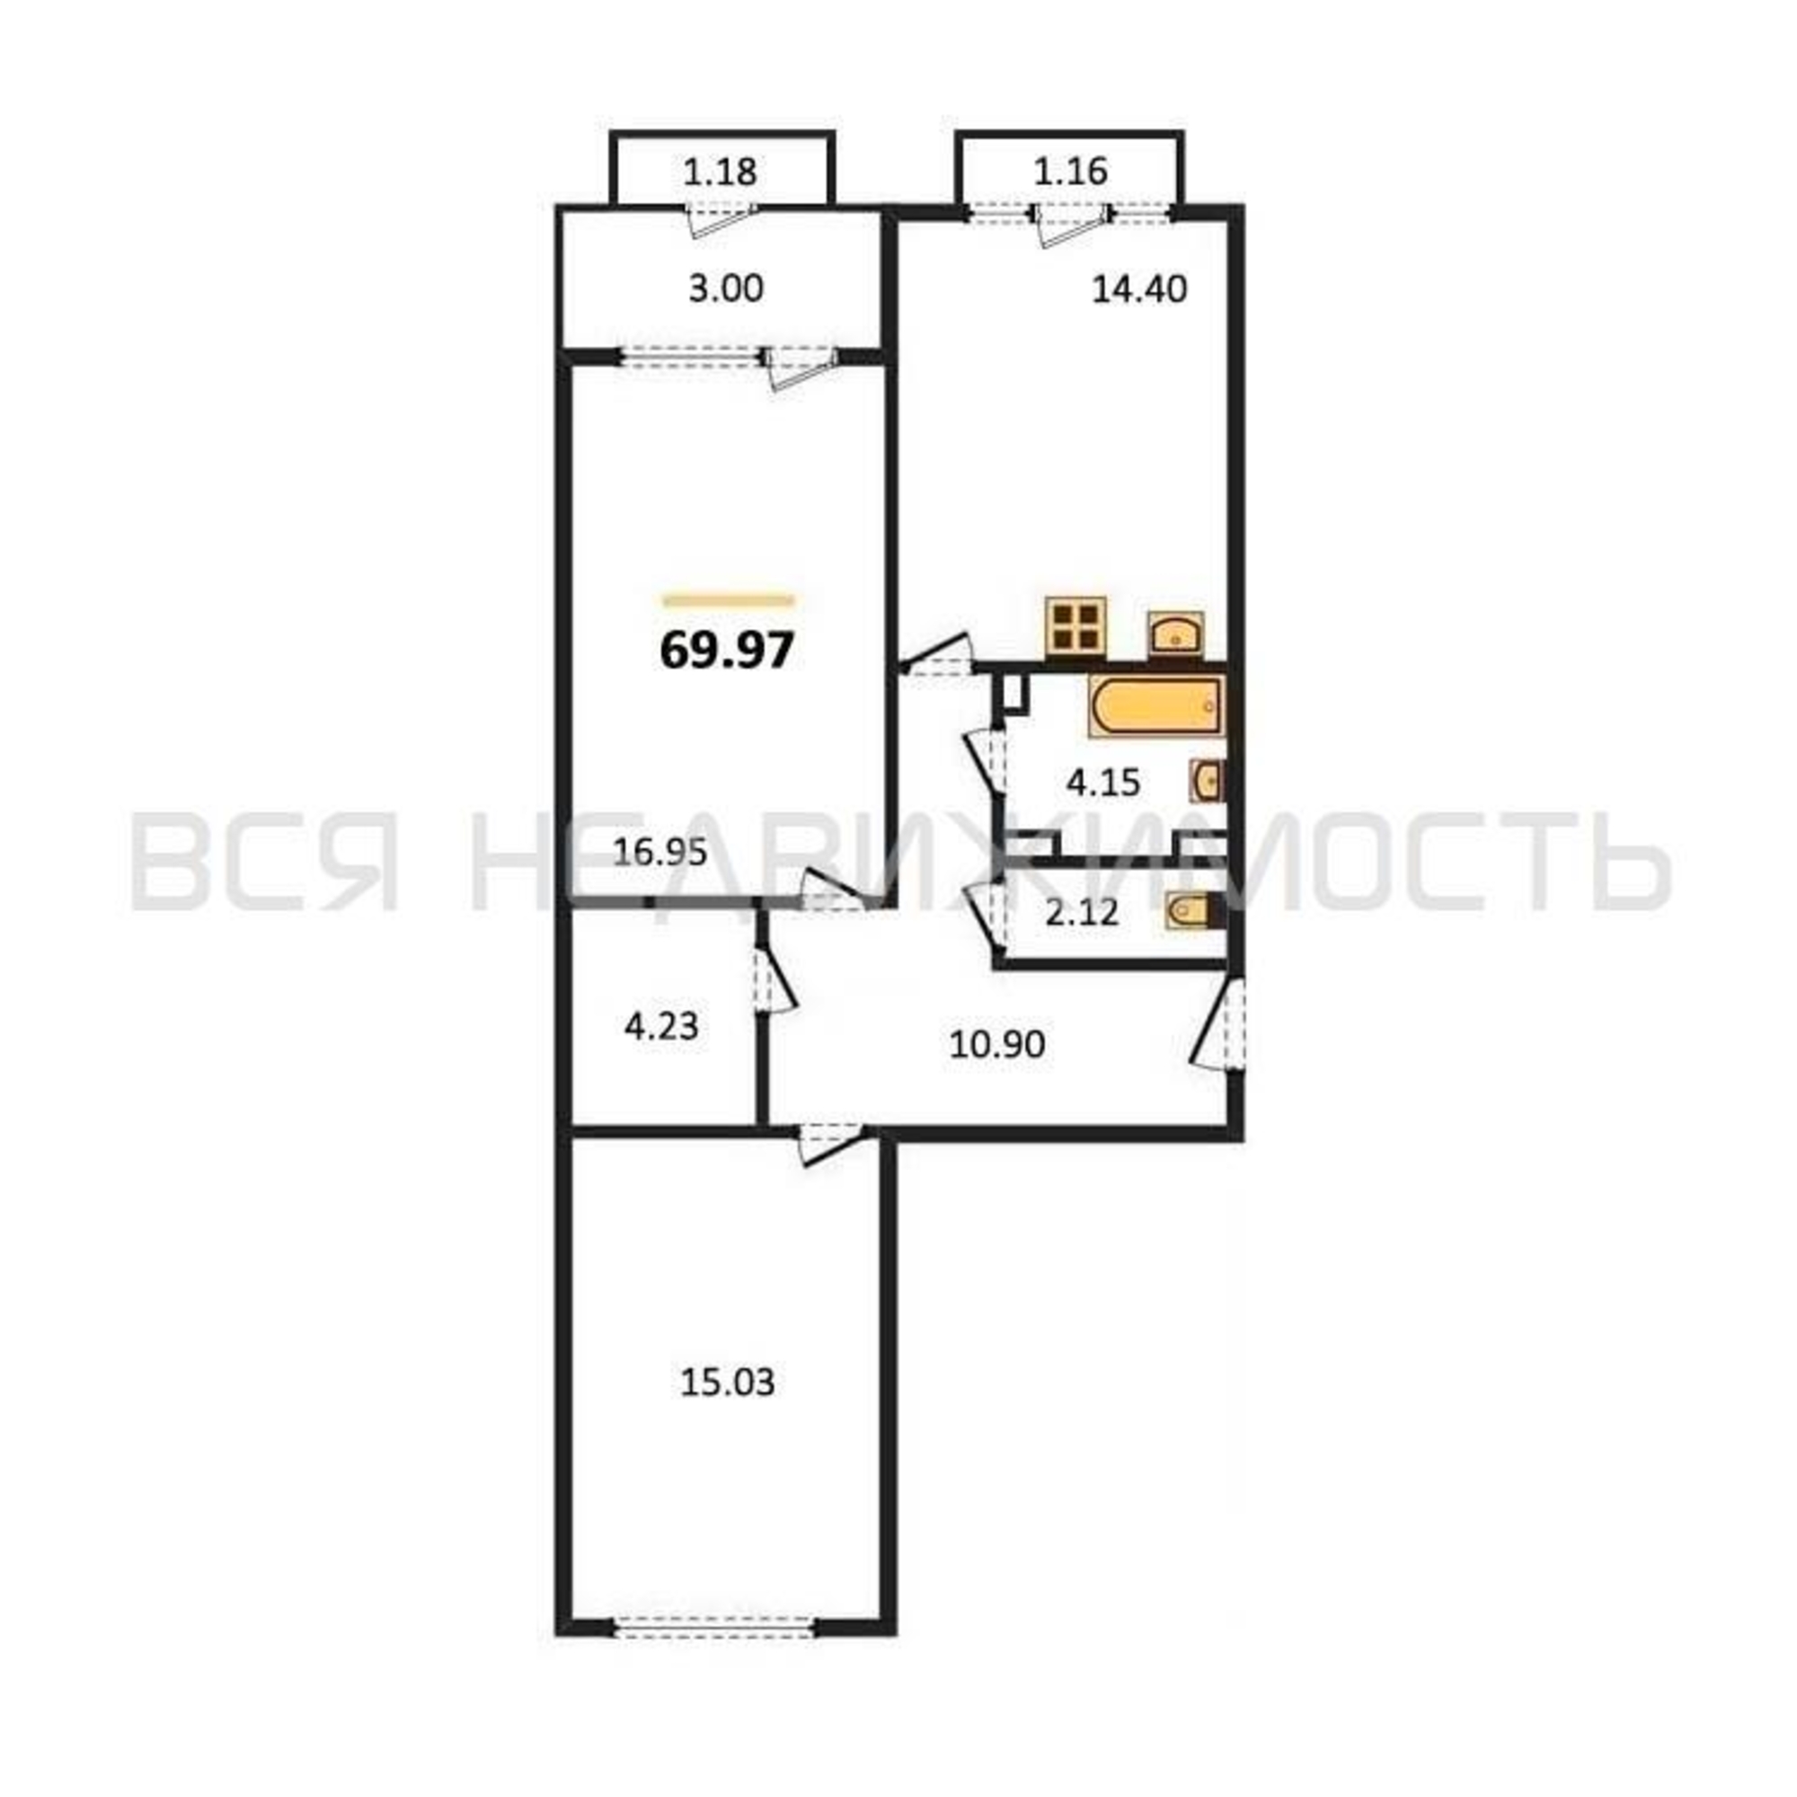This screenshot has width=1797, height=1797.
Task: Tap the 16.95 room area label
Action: (x=660, y=852)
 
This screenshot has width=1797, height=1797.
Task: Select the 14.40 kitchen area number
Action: (x=1138, y=290)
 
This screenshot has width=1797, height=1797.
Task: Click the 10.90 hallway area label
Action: (x=997, y=1045)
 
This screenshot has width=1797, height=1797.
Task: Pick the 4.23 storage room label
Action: (x=661, y=1028)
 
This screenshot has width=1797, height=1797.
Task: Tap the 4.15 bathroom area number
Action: (x=1103, y=783)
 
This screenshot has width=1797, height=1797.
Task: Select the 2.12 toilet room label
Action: (x=1083, y=914)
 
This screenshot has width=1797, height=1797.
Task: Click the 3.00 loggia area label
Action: (x=725, y=289)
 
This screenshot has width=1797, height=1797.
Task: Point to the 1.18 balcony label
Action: (x=720, y=173)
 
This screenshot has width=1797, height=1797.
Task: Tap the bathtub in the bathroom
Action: (x=1155, y=708)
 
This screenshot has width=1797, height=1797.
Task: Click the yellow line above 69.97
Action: (x=729, y=600)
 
